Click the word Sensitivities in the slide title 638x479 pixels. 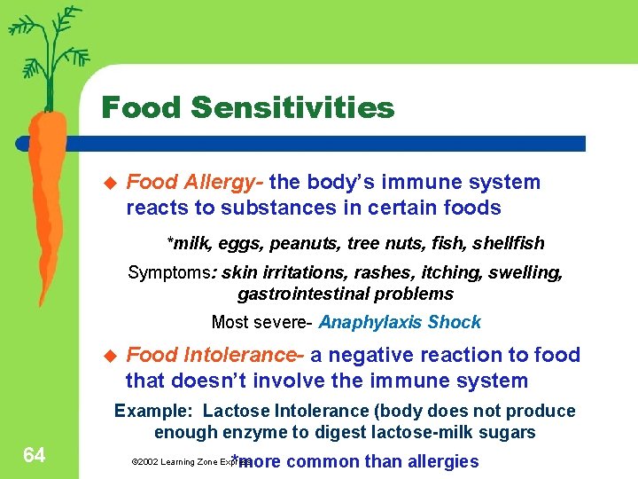292,108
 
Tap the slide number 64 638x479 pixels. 35,455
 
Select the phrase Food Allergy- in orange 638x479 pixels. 195,183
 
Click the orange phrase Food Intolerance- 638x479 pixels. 215,356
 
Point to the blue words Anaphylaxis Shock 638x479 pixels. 400,322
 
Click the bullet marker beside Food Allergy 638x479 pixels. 111,183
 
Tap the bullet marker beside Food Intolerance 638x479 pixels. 111,356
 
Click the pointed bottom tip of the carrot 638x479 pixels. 39,302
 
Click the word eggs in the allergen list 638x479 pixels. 241,243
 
